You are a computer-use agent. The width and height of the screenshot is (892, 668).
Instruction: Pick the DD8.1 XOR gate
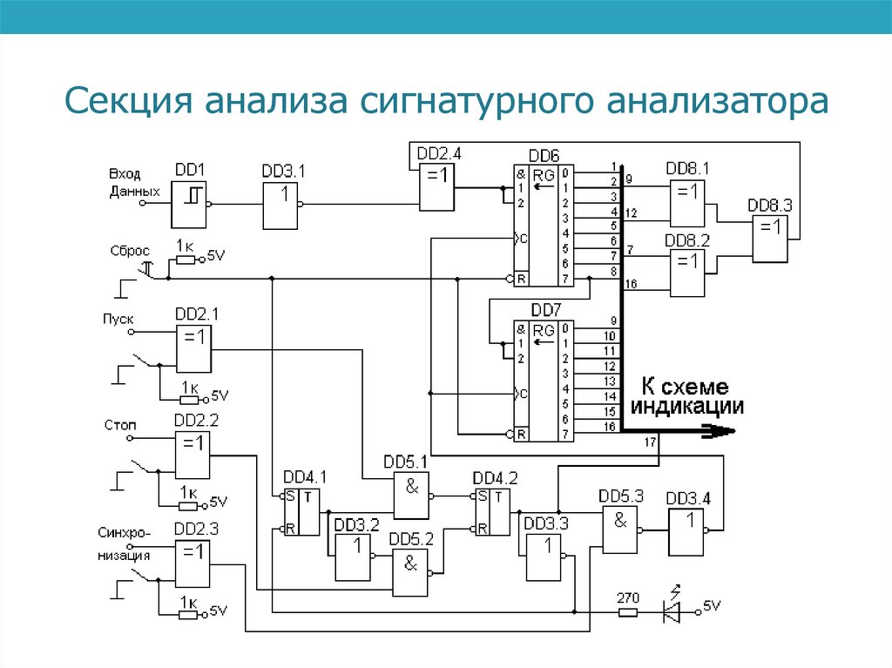687,204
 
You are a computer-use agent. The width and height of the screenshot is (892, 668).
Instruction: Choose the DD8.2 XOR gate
687,274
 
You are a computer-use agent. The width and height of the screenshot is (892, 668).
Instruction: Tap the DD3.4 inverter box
686,530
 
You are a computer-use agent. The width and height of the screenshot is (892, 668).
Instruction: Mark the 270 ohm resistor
628,612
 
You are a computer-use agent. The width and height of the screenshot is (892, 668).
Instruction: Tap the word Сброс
130,251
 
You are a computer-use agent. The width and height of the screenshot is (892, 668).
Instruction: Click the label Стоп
120,425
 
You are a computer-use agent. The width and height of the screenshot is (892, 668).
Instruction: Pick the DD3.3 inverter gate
544,557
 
